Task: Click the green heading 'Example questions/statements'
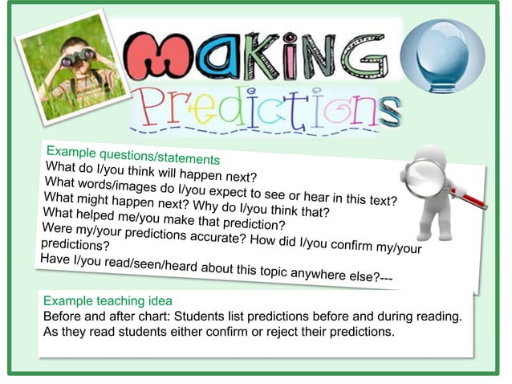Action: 132,155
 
